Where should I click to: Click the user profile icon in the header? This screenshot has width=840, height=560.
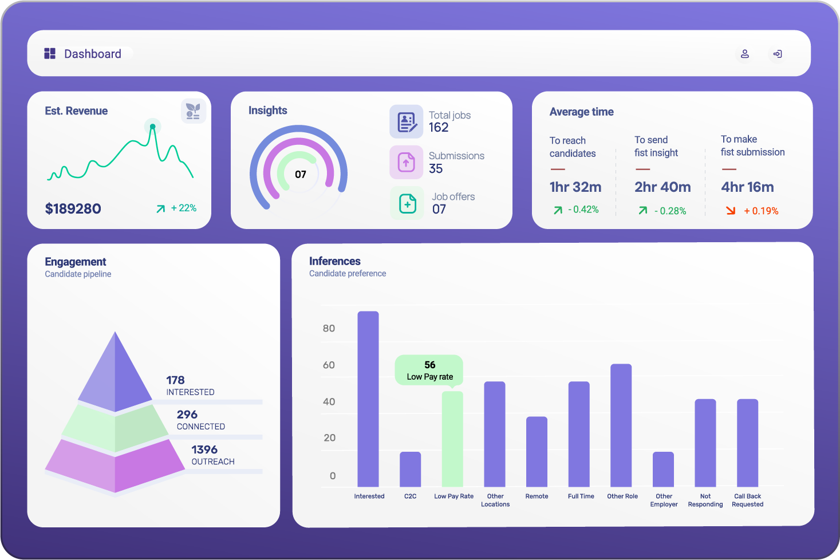coord(745,54)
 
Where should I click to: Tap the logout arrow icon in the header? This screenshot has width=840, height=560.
coord(778,54)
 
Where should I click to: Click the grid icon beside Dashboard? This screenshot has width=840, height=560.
coord(50,54)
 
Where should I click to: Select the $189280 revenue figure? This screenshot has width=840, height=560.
coord(73,209)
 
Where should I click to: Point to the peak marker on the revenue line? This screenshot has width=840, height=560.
coord(152,127)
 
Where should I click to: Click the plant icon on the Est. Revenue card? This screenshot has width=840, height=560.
coord(194,111)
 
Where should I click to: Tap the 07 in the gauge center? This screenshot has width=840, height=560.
coord(301,175)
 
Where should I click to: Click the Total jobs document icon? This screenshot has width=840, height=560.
coord(407,122)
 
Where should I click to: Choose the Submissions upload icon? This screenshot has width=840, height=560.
coord(407,163)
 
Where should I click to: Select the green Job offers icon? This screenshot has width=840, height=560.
coord(407,203)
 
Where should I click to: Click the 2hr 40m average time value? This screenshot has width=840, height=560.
coord(662,187)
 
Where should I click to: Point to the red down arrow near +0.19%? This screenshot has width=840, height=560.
coord(731,211)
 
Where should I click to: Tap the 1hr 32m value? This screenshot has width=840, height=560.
coord(575,187)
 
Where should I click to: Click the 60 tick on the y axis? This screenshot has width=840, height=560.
coord(329,365)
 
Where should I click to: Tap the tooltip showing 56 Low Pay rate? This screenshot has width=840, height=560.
coord(429,370)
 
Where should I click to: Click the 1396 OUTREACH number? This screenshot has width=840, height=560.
coord(204,450)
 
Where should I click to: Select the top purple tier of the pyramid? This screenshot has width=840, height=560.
coord(116,378)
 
